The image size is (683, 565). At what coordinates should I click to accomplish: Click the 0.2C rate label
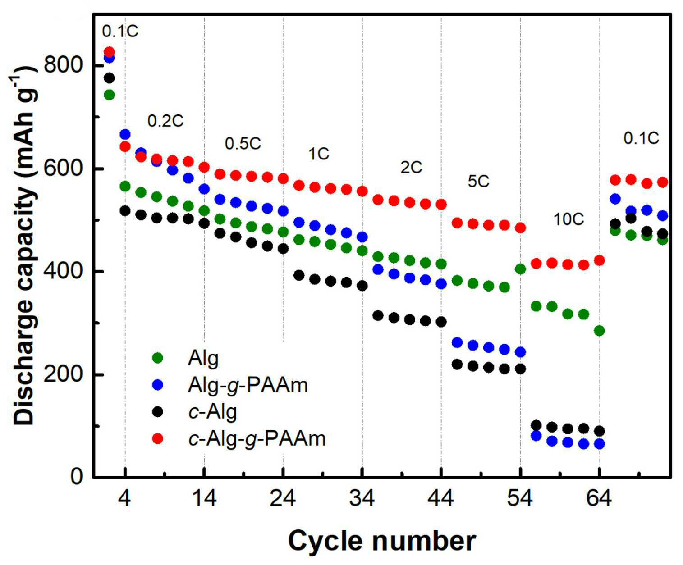165,121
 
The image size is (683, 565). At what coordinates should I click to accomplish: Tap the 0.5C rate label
243,144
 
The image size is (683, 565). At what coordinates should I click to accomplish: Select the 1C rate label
319,154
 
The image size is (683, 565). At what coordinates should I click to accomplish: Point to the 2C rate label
411,168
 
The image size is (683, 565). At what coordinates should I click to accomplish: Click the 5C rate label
478,181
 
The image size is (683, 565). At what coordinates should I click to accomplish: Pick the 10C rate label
568,219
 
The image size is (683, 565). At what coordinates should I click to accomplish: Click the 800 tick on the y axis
62,65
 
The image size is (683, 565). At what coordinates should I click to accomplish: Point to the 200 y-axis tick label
62,374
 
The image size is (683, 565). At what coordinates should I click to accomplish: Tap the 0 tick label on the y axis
76,477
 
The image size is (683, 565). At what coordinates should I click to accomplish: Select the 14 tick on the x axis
204,499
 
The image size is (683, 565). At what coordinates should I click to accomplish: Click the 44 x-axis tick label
441,499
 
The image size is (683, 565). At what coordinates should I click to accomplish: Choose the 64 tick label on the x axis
599,499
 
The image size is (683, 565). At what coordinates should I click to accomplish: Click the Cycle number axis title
382,541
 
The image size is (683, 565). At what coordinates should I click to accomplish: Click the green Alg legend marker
158,357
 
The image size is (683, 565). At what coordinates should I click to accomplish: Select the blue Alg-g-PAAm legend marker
158,384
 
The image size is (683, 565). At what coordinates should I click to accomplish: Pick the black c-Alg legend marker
158,411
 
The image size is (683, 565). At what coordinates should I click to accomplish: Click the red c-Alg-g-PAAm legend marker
158,438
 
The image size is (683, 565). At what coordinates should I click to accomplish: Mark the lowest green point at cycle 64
599,331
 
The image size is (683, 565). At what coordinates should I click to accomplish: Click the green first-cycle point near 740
109,95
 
